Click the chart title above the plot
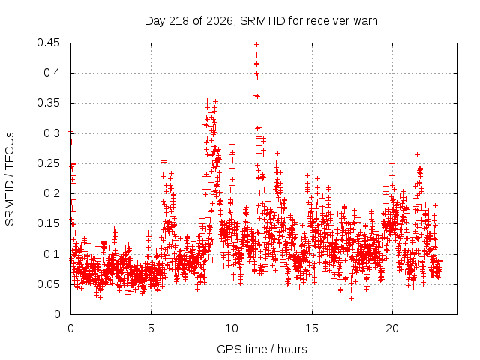click(261, 21)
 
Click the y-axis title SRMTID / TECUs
click(10, 179)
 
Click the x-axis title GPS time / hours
click(262, 349)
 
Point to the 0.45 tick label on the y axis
click(48, 43)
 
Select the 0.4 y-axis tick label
click(52, 73)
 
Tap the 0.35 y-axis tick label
click(48, 103)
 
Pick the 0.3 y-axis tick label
click(52, 133)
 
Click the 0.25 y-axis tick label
click(48, 163)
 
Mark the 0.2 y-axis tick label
click(52, 193)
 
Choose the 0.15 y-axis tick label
click(48, 223)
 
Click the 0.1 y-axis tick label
click(52, 253)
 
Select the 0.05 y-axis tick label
click(48, 284)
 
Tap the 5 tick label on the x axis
click(151, 328)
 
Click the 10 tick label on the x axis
click(232, 328)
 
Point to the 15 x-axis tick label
click(312, 328)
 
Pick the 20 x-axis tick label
click(392, 328)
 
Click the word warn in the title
click(365, 21)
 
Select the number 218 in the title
click(180, 21)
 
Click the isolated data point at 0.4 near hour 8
click(205, 73)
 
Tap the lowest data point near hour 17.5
click(352, 298)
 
